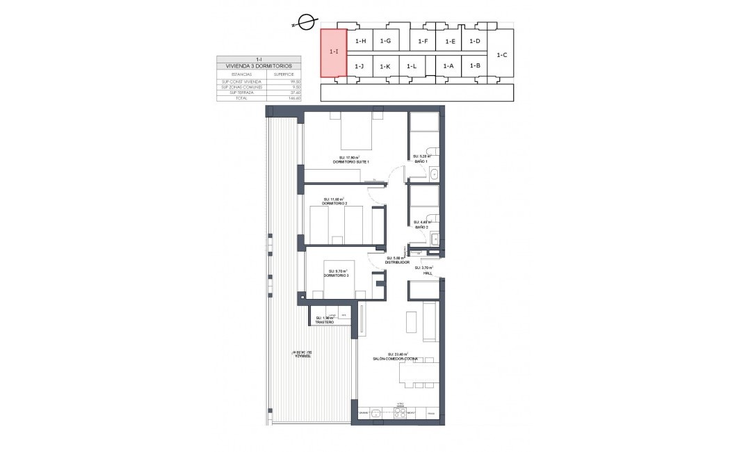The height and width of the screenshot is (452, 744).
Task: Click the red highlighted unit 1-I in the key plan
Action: [333, 53]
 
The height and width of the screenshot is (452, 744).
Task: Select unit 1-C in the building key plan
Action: [503, 54]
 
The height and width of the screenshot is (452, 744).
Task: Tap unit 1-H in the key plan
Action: [360, 42]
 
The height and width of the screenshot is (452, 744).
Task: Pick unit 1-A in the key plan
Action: [448, 66]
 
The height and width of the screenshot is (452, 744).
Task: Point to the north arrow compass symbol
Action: [304, 23]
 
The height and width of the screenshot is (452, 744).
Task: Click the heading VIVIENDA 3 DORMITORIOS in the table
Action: [259, 66]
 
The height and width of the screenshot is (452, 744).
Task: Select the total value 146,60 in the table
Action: [294, 99]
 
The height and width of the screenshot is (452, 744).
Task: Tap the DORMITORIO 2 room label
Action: [334, 202]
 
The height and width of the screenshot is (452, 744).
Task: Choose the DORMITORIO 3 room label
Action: [336, 275]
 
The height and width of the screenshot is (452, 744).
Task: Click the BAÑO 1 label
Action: [421, 161]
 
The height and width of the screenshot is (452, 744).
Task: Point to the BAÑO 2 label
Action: [421, 226]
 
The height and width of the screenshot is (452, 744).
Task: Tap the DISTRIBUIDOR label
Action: [396, 262]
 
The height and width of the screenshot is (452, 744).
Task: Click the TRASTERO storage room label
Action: [325, 322]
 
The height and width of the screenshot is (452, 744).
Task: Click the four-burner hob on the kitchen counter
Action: [400, 413]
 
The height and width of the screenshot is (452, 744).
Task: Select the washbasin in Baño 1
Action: [433, 174]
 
